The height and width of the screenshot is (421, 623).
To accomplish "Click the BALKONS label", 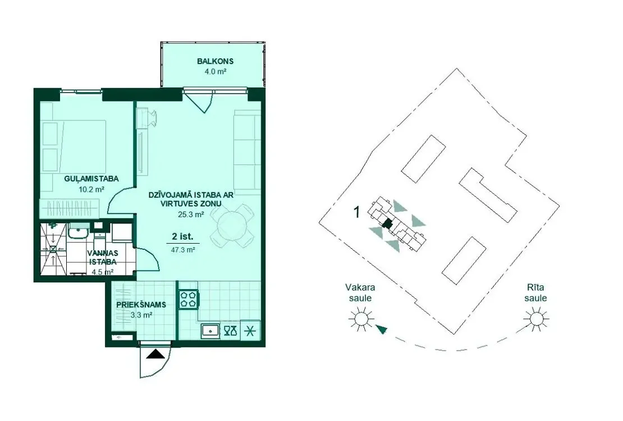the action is click(215, 61).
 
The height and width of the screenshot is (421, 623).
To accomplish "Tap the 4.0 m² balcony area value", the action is click(215, 72).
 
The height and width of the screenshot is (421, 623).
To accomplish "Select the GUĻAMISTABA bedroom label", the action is click(91, 179).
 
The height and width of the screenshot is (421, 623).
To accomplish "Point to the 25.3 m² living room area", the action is click(191, 214).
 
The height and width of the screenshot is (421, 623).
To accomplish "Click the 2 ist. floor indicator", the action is click(182, 236).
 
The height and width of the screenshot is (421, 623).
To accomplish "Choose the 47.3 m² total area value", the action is click(183, 250).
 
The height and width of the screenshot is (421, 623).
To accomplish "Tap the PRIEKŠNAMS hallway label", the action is click(141, 305).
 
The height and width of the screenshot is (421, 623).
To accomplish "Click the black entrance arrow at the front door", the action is click(155, 354).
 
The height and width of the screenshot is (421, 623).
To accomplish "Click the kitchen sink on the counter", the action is click(210, 331).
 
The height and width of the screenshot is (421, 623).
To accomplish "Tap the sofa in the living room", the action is click(247, 150).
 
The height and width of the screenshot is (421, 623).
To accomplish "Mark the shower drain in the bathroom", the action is click(53, 249).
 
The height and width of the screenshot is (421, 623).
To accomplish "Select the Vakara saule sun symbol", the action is click(361, 319).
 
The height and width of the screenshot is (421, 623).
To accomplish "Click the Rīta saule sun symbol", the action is click(536, 319).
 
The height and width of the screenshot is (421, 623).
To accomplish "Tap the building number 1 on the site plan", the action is click(356, 212).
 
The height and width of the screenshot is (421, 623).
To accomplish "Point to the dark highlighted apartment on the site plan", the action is click(387, 224).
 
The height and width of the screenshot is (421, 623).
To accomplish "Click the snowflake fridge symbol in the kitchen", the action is click(250, 331).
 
